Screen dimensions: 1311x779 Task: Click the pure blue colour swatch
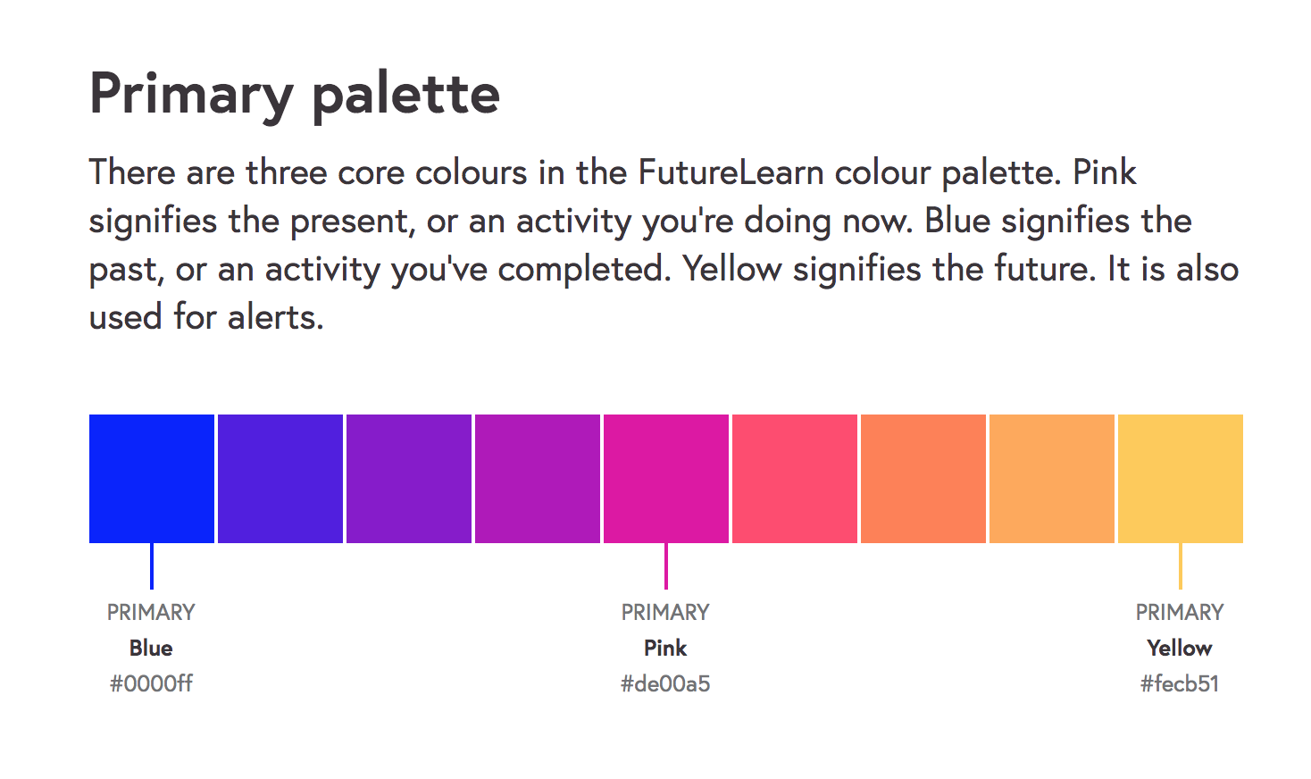(x=152, y=479)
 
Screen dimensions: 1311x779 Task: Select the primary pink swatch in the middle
(x=666, y=479)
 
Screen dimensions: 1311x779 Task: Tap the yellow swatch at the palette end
(x=1181, y=479)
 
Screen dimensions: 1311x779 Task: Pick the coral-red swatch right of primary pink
(x=795, y=479)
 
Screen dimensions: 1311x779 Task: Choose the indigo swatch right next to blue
(x=280, y=479)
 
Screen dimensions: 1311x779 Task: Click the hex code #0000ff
(x=151, y=683)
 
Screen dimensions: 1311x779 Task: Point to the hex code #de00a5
(x=665, y=683)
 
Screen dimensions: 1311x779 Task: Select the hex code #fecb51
(x=1180, y=683)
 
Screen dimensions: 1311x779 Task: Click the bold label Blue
(x=151, y=648)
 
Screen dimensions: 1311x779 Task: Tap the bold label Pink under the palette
(x=665, y=648)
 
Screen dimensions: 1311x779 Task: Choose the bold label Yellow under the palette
(x=1180, y=648)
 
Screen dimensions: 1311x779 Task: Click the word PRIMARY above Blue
(x=151, y=612)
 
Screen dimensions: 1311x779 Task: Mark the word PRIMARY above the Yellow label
(x=1180, y=612)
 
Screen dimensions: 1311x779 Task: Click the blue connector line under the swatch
(x=152, y=566)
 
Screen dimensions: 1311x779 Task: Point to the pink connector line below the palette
(x=666, y=566)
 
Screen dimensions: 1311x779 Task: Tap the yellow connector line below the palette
(x=1181, y=566)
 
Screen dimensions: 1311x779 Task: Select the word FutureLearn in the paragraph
(x=731, y=172)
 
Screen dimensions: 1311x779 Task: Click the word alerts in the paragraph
(x=275, y=317)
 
